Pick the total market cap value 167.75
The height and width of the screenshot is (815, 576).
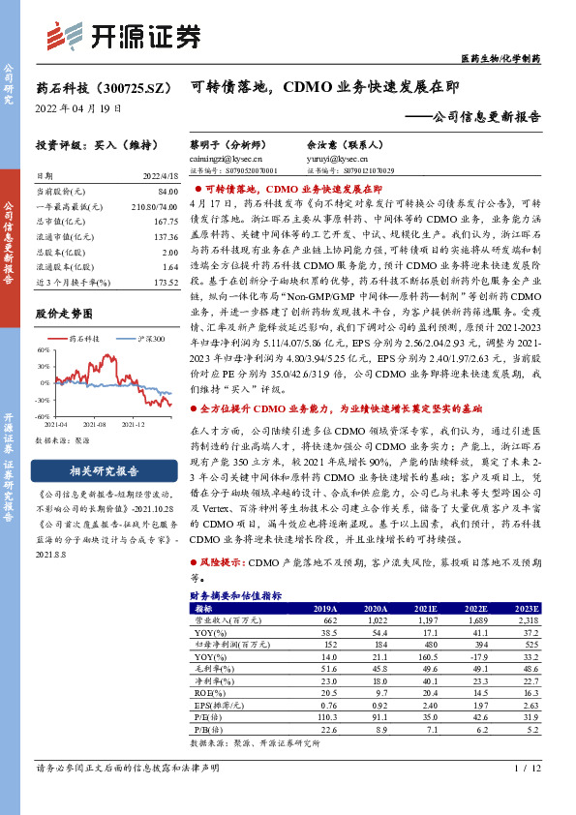(x=165, y=222)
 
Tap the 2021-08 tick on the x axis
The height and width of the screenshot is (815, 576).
(x=94, y=423)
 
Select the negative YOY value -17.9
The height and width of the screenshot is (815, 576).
(x=482, y=657)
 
